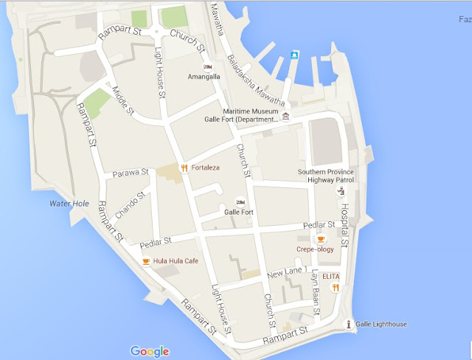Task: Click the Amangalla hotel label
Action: [x=205, y=76]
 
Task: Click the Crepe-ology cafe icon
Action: [x=321, y=239]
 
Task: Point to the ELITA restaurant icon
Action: [x=335, y=288]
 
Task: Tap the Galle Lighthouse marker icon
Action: [x=349, y=324]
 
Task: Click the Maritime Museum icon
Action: [x=286, y=117]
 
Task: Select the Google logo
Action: [x=150, y=351]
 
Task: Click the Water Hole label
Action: [x=69, y=203]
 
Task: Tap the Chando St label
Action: [x=125, y=204]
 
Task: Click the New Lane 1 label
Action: [x=287, y=273]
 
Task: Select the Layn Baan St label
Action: [x=316, y=292]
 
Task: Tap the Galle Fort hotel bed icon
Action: [x=240, y=202]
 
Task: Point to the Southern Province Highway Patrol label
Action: [x=325, y=176]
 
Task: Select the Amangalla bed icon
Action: [x=208, y=66]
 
